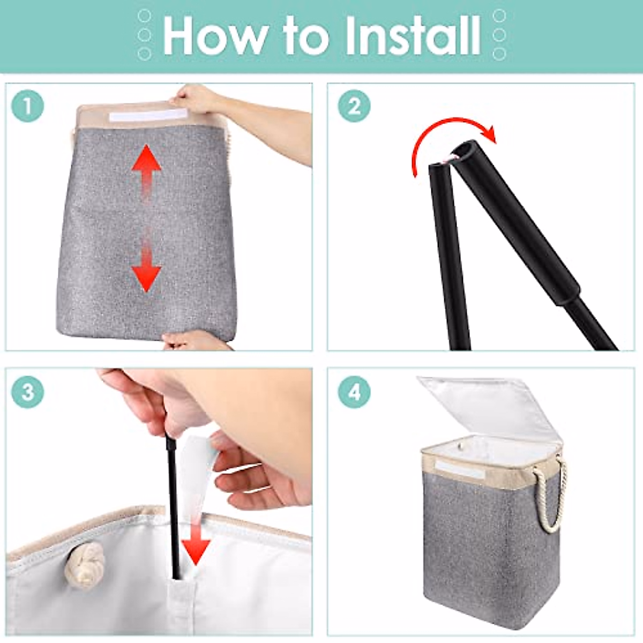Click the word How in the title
pyautogui.click(x=215, y=35)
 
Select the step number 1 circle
pyautogui.click(x=28, y=106)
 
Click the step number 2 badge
pyautogui.click(x=354, y=106)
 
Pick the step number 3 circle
pyautogui.click(x=28, y=392)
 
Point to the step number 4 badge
pyautogui.click(x=354, y=392)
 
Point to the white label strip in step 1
pyautogui.click(x=148, y=115)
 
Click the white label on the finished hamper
pyautogui.click(x=459, y=468)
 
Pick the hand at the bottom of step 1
pyautogui.click(x=196, y=340)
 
